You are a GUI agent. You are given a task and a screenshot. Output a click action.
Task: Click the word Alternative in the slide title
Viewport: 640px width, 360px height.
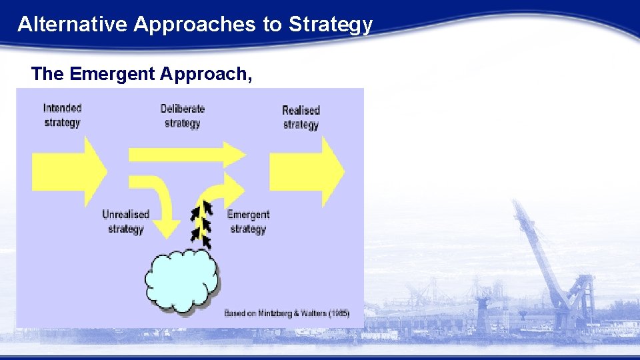[x=73, y=25]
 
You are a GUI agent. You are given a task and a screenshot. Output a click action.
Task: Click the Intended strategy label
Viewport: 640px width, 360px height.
[x=62, y=115]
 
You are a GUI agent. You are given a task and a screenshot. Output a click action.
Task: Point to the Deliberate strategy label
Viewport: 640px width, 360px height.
[x=182, y=115]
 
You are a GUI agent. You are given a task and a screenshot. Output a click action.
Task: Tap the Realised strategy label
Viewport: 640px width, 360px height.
[x=301, y=117]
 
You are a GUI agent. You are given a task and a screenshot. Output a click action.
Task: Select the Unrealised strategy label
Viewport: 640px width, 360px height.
[x=125, y=221]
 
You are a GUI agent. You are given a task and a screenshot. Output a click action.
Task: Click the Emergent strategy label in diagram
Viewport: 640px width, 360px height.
[x=248, y=221]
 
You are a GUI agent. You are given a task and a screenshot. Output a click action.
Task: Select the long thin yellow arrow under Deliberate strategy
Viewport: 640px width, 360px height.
[x=187, y=155]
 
